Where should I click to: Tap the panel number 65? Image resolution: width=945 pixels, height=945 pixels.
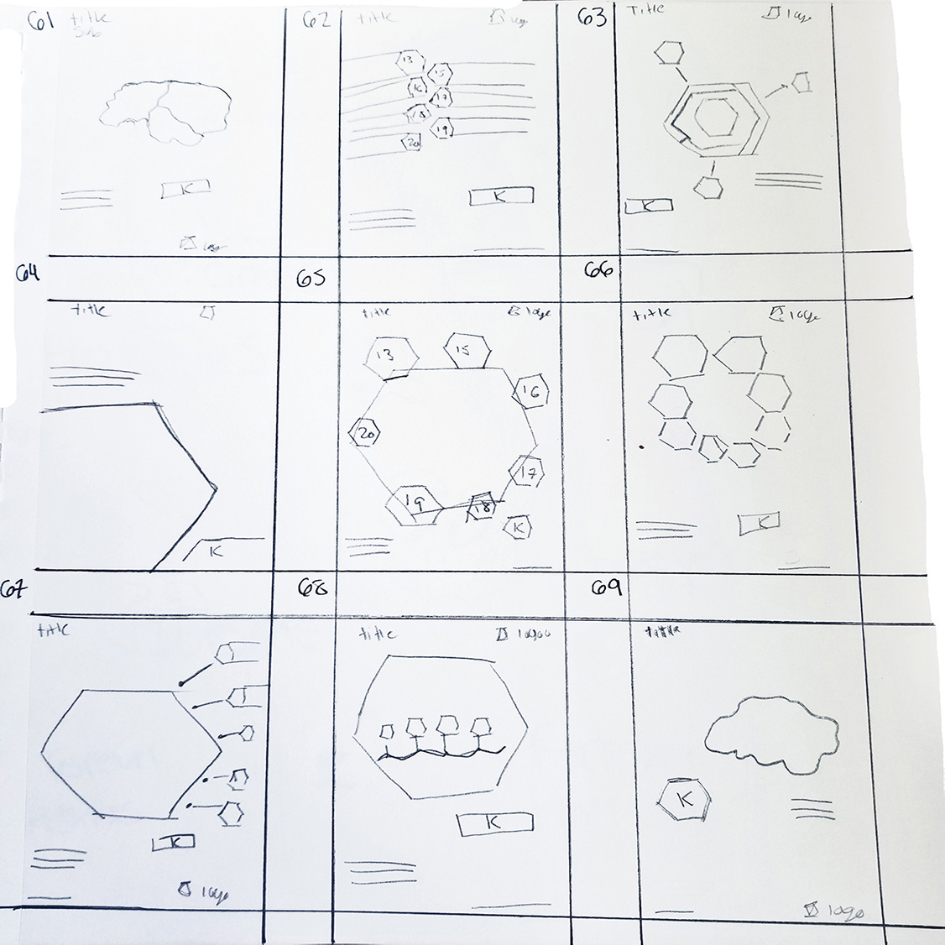(x=311, y=278)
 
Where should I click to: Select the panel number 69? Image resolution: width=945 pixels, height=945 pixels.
(x=606, y=588)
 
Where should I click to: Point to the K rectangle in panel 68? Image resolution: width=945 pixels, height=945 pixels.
(x=493, y=823)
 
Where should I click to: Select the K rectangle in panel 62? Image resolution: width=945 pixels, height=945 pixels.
(x=501, y=196)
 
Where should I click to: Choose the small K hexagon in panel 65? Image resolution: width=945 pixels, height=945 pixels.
(x=517, y=528)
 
